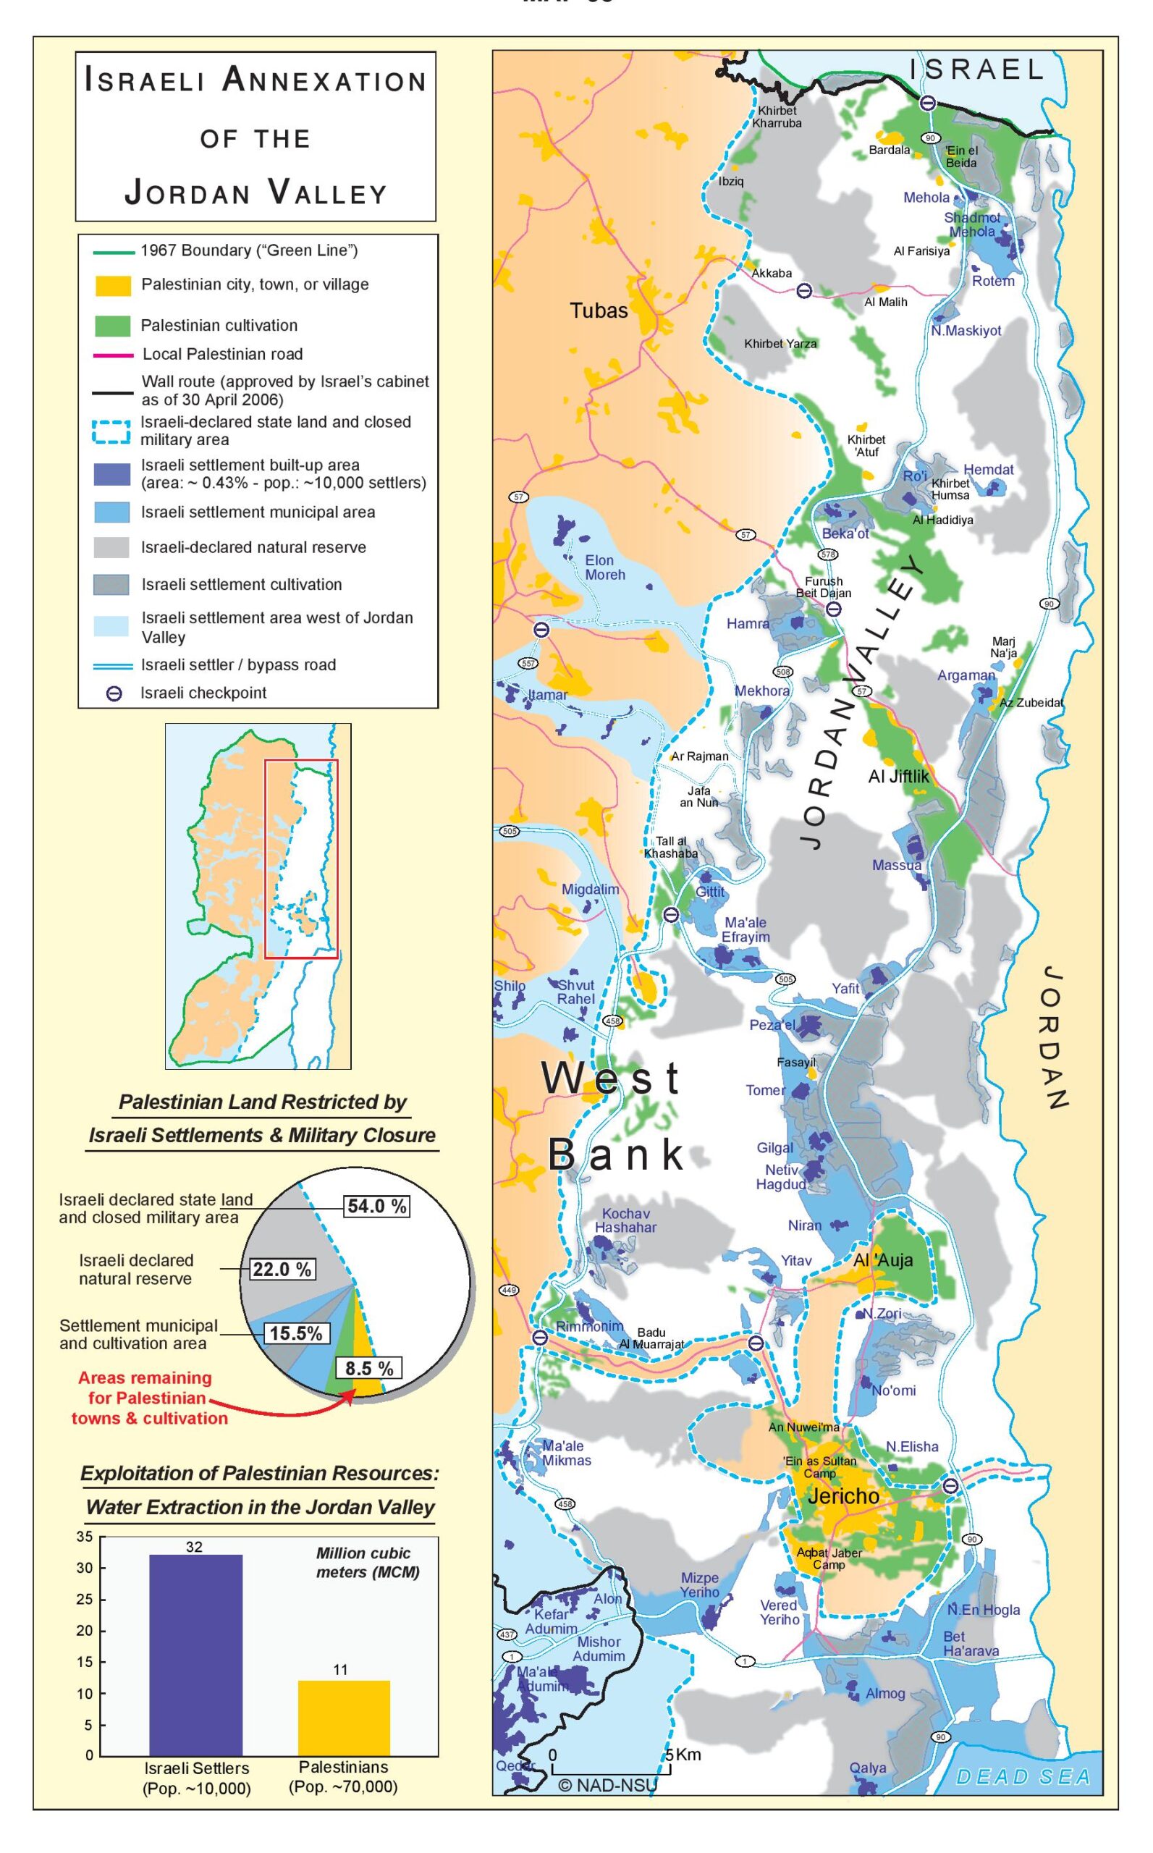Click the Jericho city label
842,1496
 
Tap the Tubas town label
599,311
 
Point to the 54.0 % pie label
376,1206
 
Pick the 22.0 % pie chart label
282,1270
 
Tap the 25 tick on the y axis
85,1599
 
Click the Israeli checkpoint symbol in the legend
114,694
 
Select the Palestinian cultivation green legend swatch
112,326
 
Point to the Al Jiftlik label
898,776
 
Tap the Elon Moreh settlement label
604,567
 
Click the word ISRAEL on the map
976,70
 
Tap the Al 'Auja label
882,1260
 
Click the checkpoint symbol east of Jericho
950,1485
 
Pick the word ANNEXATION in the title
325,81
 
